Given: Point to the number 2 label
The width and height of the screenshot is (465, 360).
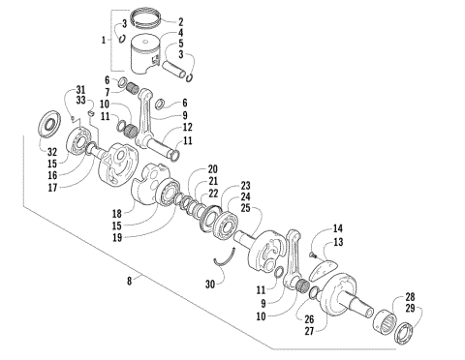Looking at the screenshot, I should click(179, 21).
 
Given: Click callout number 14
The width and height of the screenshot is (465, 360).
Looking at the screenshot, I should click(338, 228).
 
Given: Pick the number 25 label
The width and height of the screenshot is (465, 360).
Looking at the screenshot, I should click(246, 208).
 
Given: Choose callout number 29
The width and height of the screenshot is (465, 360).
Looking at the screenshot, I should click(411, 308).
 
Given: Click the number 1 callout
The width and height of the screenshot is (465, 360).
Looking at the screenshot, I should click(106, 40).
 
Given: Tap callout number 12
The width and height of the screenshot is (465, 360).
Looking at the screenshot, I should click(187, 128).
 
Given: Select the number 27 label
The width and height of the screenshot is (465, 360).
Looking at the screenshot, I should click(310, 331).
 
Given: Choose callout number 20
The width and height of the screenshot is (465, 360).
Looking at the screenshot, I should click(213, 169).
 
